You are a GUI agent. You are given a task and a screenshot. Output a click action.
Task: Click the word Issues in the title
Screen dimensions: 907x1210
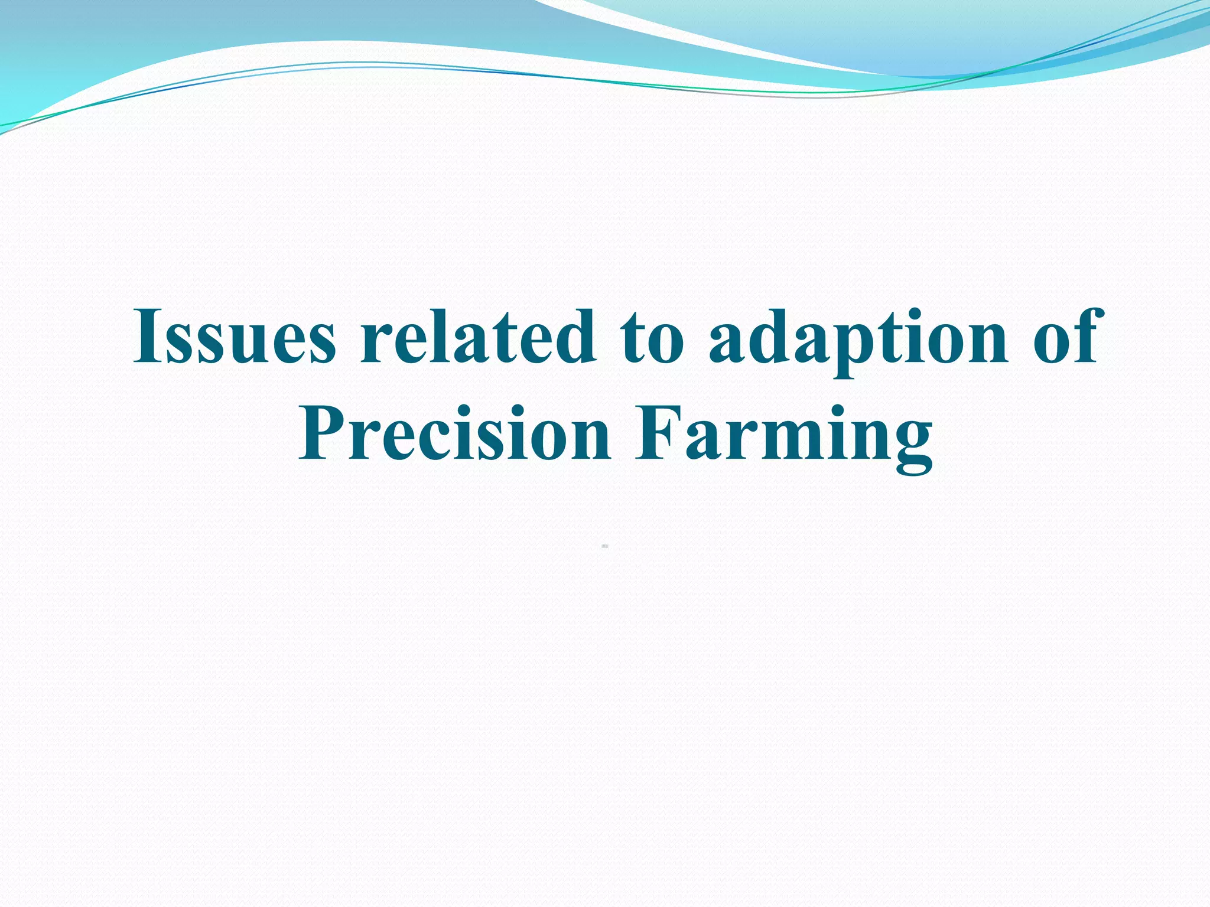[x=235, y=337]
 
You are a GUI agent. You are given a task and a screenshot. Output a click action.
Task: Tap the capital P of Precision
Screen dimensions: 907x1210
[x=321, y=433]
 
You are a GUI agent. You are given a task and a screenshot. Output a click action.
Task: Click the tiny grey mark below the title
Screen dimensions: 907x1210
[x=605, y=547]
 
